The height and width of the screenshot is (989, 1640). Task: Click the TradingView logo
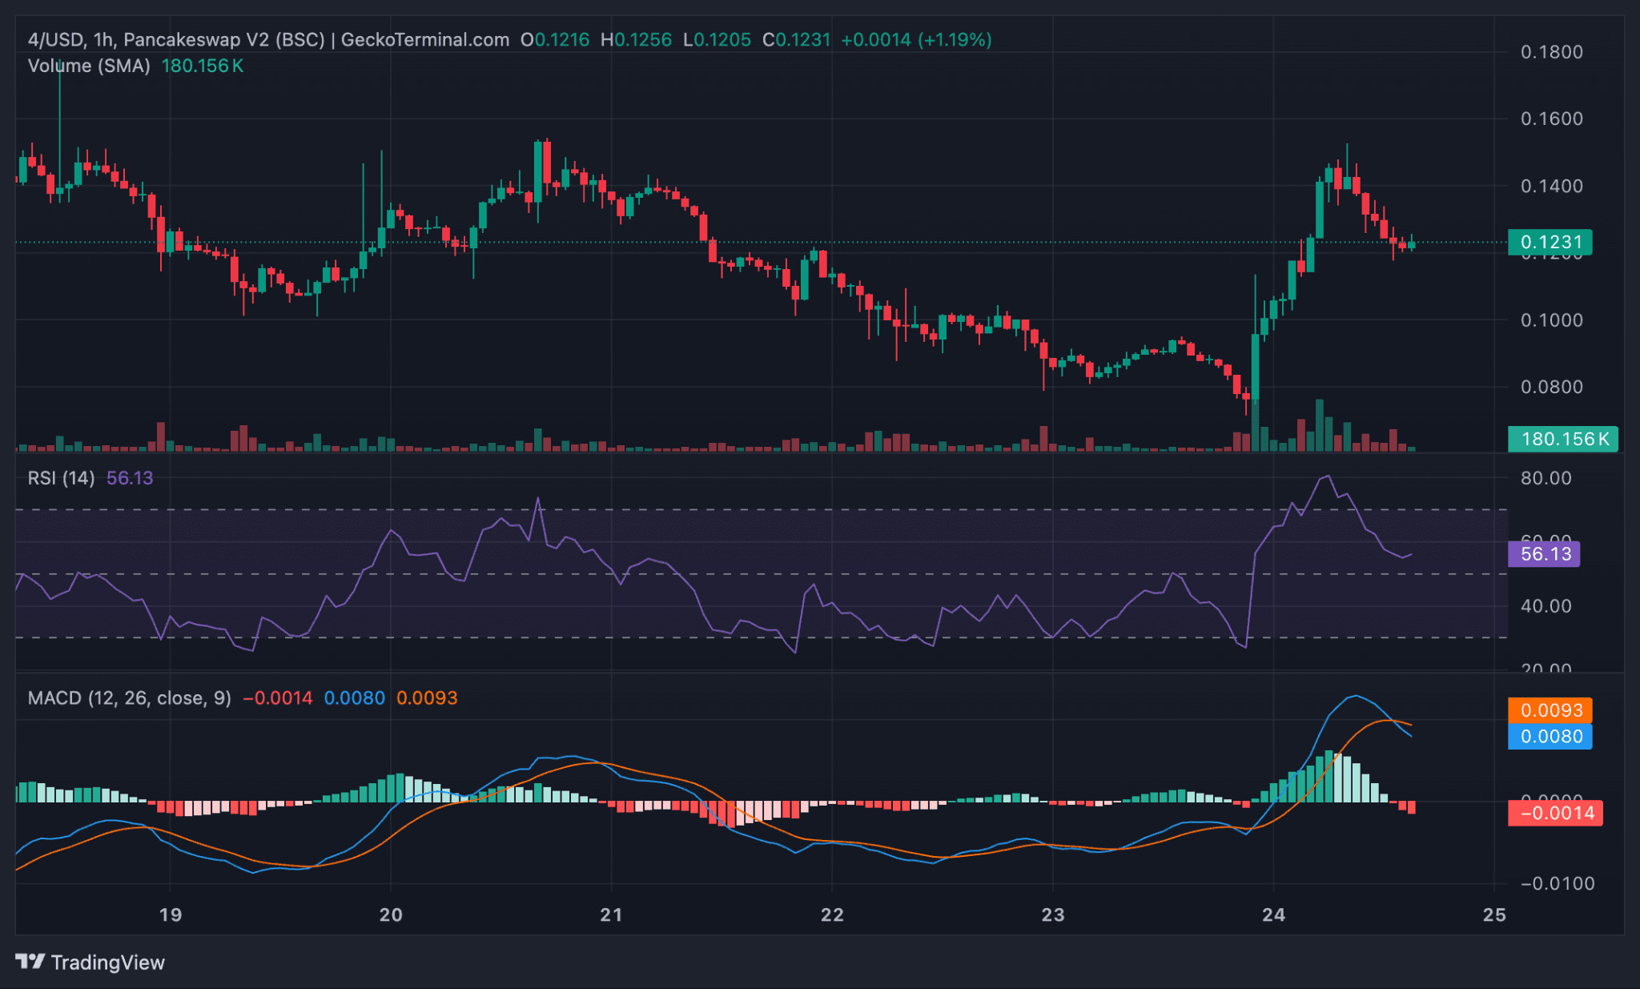tap(90, 962)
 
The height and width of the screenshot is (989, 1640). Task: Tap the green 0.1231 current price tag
tap(1550, 242)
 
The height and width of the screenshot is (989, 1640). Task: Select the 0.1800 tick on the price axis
tap(1551, 52)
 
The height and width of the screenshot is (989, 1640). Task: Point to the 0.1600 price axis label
tap(1551, 119)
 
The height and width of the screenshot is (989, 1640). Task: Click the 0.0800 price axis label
tap(1551, 387)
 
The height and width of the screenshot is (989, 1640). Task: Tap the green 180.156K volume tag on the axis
tap(1562, 439)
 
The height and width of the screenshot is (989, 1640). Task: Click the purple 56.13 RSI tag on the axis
tap(1544, 554)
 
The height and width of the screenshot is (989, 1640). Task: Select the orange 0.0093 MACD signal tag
tap(1550, 710)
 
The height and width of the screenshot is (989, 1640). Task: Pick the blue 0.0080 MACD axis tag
tap(1550, 737)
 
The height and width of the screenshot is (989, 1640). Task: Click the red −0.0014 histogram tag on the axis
tap(1555, 814)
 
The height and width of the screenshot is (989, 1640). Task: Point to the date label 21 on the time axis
tap(611, 915)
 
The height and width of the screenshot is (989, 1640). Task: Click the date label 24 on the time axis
tap(1273, 915)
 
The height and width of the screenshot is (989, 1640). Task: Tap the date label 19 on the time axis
tap(170, 915)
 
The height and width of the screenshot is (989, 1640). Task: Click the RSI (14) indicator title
tap(61, 478)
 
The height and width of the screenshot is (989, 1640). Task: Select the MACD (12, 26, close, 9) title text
tap(129, 698)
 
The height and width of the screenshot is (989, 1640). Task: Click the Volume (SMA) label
tap(89, 66)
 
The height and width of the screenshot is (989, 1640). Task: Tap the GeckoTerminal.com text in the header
tap(424, 39)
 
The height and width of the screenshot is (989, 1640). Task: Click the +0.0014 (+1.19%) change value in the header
tap(916, 39)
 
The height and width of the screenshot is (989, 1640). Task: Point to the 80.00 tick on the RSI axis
tap(1546, 478)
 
